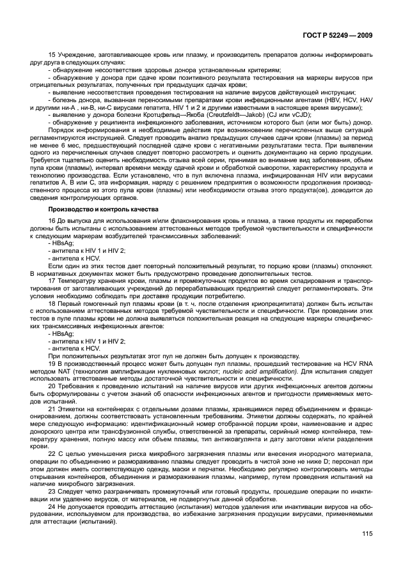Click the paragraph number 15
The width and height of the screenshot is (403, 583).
click(52, 55)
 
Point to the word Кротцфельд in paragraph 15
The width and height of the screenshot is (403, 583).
click(139, 115)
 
